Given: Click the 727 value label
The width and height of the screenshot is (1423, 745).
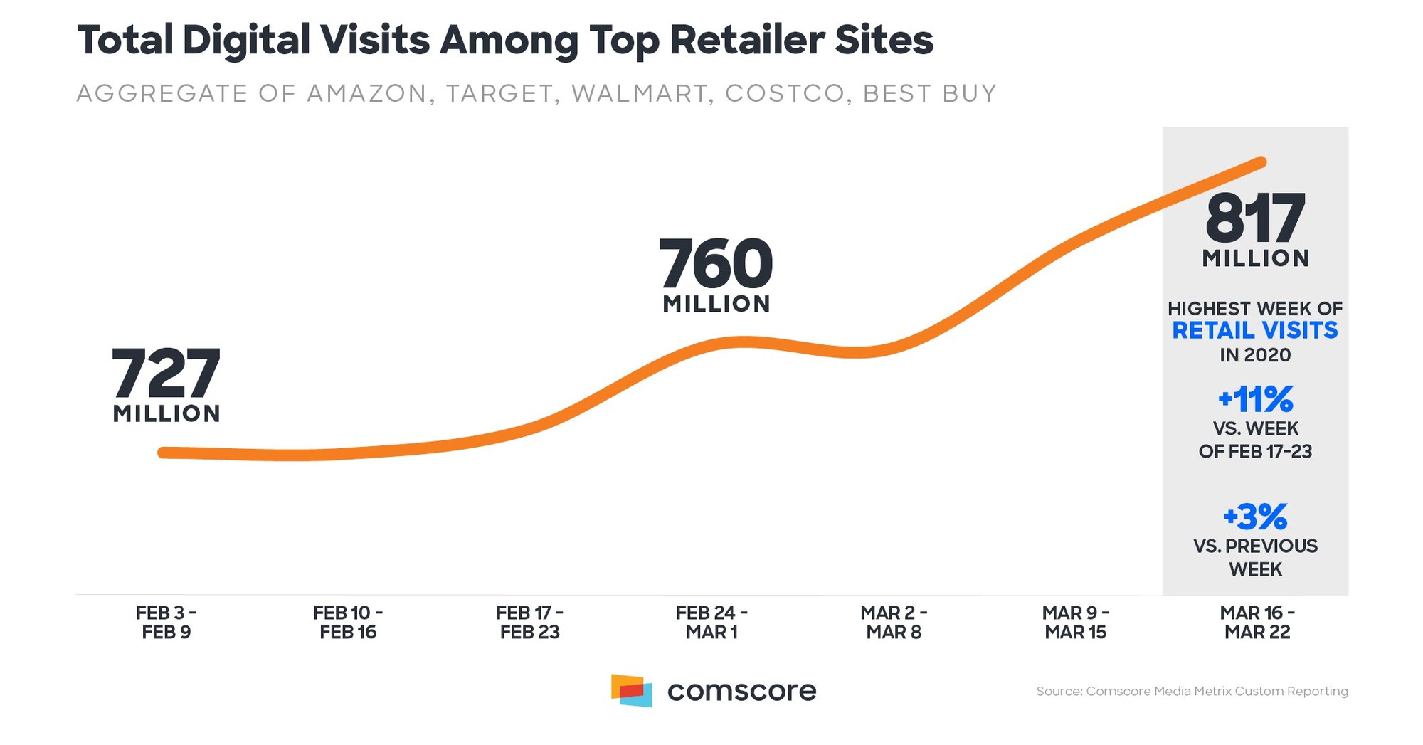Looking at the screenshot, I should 166,374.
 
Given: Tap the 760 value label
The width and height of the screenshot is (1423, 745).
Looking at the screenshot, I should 716,263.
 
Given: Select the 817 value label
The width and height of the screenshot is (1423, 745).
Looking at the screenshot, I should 1255,218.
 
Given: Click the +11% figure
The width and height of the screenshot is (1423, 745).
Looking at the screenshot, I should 1255,399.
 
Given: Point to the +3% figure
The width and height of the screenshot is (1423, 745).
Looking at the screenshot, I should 1255,517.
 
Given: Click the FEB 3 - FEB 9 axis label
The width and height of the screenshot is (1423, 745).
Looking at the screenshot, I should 166,623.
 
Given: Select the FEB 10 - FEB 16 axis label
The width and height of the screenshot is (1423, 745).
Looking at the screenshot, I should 348,623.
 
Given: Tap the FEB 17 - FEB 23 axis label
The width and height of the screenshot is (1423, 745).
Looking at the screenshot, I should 529,623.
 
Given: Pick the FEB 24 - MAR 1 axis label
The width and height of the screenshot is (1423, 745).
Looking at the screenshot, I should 711,623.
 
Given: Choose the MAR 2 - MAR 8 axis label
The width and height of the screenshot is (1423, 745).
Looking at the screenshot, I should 894,623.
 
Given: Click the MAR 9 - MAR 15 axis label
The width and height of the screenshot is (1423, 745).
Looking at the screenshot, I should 1075,623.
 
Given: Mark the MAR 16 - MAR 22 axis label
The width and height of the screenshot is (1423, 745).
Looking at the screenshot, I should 1257,623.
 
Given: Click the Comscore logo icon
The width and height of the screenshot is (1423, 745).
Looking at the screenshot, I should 631,690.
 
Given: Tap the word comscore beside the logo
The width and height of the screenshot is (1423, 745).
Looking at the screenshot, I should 741,691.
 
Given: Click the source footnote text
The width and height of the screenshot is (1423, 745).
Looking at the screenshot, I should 1192,691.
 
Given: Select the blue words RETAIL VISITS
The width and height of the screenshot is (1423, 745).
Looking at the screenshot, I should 1255,331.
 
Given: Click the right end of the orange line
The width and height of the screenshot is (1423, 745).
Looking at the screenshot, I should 1261,163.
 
